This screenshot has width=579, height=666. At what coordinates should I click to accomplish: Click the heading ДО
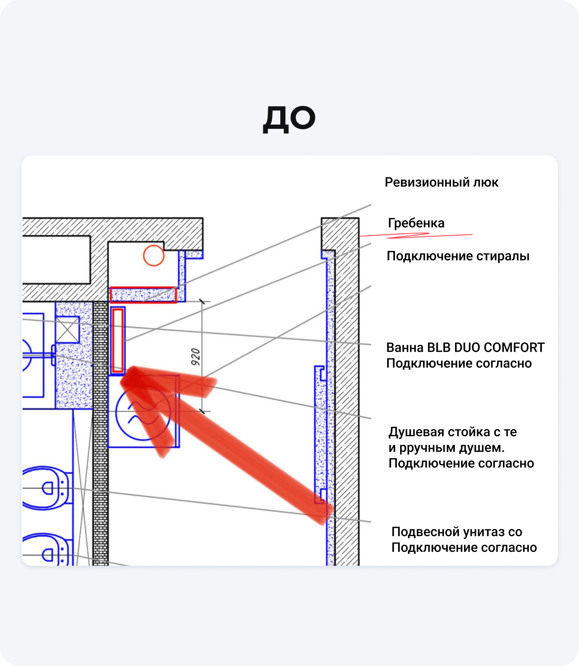289,119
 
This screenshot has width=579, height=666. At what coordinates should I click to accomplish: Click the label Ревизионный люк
441,183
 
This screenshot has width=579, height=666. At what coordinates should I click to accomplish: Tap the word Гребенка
416,223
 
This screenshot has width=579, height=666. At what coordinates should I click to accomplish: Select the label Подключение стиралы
458,256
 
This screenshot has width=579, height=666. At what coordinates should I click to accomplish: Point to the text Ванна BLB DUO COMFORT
465,347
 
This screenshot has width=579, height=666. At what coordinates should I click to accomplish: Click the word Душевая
417,432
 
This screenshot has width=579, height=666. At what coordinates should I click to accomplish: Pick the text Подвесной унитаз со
457,532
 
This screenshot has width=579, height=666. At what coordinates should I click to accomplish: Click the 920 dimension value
195,357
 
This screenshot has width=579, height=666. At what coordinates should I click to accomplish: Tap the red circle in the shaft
154,255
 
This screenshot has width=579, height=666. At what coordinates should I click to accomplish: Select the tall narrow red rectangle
118,340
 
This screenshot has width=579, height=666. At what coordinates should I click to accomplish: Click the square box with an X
67,330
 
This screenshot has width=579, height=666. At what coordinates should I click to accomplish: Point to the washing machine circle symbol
143,413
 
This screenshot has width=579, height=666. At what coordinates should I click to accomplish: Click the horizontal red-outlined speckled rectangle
143,295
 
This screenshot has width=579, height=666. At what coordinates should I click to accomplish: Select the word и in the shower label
392,448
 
